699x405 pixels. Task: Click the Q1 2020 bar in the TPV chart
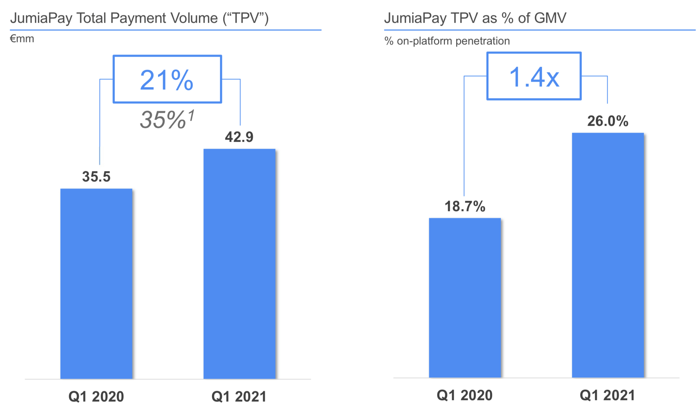pos(96,283)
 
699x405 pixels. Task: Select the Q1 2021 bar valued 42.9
pos(239,263)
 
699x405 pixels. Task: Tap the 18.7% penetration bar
pos(464,298)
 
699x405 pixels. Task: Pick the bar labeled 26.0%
pos(608,255)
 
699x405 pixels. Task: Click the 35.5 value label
pos(96,177)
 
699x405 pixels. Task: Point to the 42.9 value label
pos(239,137)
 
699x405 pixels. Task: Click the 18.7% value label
pos(465,206)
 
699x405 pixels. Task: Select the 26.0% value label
pos(608,121)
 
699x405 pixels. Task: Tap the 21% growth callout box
pos(167,79)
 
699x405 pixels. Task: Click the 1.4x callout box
pos(534,76)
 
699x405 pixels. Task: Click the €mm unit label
pos(22,39)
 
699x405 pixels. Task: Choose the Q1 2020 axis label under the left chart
pos(96,396)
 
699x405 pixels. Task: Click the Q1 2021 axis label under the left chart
pos(239,396)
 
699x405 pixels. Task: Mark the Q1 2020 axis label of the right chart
pos(464,395)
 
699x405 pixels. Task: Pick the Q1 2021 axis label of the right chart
pos(608,395)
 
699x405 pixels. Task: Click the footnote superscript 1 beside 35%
pos(191,115)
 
